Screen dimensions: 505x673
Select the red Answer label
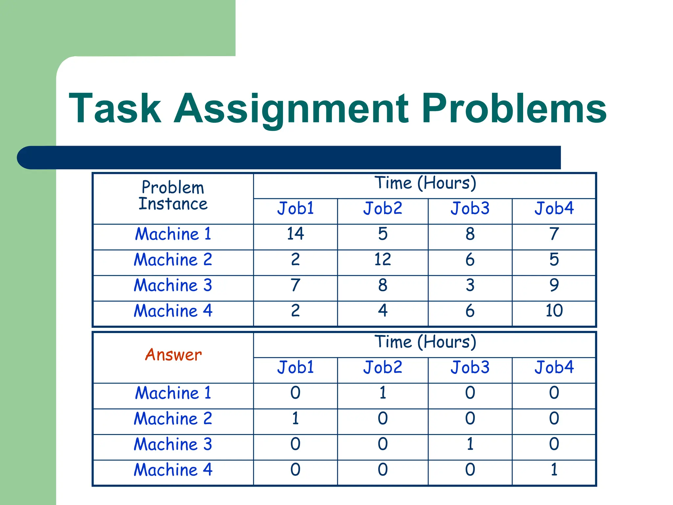point(173,355)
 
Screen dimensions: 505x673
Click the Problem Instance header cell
point(173,196)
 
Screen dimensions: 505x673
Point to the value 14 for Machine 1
point(295,234)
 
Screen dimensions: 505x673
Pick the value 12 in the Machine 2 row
point(383,259)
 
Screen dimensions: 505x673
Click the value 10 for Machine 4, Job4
point(554,311)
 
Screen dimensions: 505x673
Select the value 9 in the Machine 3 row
point(554,285)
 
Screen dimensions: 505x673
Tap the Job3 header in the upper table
point(470,208)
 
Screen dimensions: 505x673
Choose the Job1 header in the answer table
point(295,367)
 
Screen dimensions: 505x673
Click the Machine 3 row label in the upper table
point(173,285)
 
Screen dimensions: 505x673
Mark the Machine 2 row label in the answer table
point(173,419)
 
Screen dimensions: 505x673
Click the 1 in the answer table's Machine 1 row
point(383,393)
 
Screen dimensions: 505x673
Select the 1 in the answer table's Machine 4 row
point(554,469)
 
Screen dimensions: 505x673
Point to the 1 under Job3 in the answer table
point(470,444)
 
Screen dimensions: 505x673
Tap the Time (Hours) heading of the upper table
point(425,183)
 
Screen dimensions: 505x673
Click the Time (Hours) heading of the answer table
point(425,342)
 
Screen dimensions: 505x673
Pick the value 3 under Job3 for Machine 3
point(470,285)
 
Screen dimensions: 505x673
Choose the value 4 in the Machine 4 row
point(383,311)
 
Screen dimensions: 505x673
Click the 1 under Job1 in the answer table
point(295,419)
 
